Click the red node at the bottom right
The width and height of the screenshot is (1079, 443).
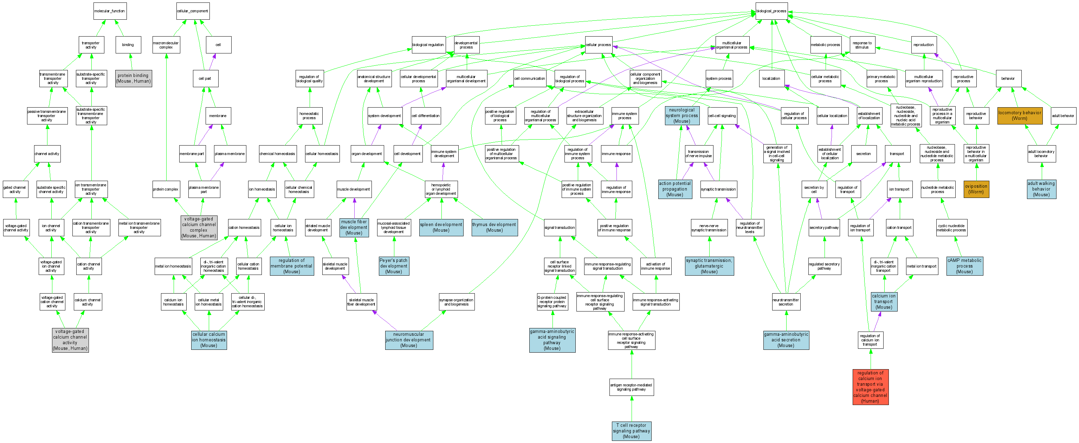[870, 387]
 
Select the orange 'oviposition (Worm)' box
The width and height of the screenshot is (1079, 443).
[976, 189]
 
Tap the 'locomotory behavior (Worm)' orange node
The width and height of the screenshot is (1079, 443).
[1019, 115]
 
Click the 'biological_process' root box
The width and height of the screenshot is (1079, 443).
[771, 11]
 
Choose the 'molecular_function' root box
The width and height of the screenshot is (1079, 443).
[109, 11]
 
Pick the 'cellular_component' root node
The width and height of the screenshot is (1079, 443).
[192, 11]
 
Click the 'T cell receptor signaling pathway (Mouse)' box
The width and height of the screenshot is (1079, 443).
[631, 431]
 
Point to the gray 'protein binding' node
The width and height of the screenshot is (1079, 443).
[133, 78]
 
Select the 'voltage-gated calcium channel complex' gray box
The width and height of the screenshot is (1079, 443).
[199, 227]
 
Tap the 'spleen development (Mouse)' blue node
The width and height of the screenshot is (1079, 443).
[441, 227]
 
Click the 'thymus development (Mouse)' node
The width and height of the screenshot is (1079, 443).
[494, 227]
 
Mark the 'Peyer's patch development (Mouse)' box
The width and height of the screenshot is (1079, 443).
[393, 266]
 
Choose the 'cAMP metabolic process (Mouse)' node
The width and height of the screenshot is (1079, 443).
[964, 266]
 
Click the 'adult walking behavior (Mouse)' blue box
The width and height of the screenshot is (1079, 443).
[1041, 189]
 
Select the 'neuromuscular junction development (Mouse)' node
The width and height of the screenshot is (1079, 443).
[408, 340]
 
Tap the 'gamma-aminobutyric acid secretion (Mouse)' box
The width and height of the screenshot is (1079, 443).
[786, 340]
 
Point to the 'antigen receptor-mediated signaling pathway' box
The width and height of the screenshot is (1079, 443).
[631, 387]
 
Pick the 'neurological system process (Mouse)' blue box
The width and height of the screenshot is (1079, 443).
[681, 116]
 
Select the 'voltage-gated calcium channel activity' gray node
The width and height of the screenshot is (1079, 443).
[70, 340]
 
